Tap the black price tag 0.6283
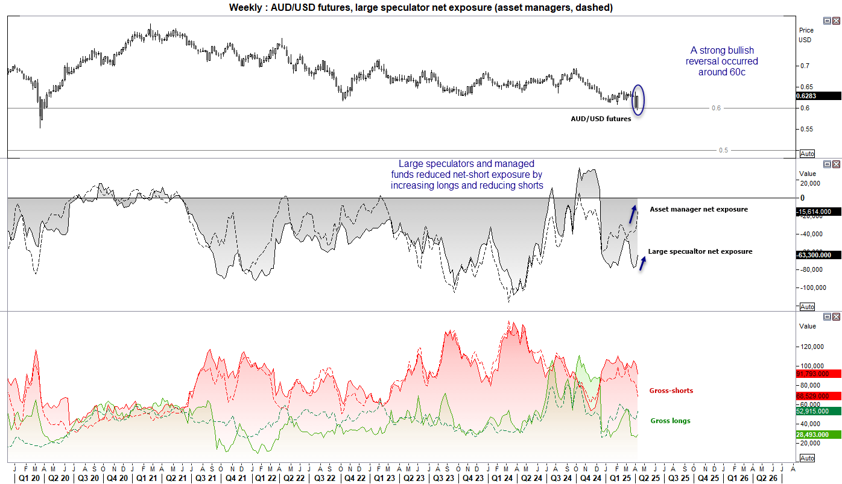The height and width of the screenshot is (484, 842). (818, 96)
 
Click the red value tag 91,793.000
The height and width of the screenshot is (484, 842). (818, 374)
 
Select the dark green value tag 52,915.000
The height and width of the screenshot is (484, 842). (818, 411)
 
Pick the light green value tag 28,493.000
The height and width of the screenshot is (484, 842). (818, 435)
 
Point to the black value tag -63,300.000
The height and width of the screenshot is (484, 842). (818, 255)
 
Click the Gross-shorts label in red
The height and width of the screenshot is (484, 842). (671, 391)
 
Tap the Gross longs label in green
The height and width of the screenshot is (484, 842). (670, 421)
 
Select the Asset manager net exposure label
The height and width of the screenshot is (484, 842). (698, 209)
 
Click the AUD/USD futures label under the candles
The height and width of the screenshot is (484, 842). (601, 119)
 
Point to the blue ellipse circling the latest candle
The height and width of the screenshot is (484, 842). (638, 99)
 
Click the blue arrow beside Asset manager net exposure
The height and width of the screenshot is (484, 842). (633, 213)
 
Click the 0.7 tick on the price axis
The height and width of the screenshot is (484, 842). (804, 66)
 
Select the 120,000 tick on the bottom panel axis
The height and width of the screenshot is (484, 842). (811, 347)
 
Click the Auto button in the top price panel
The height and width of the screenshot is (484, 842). (806, 154)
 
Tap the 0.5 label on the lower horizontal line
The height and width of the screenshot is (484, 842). (723, 150)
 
